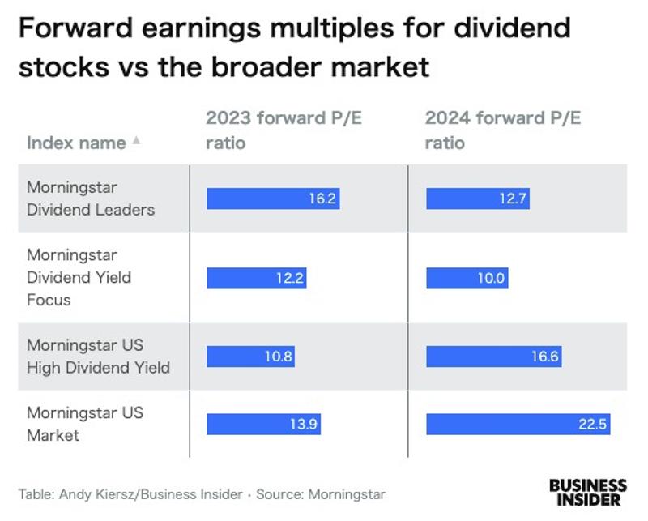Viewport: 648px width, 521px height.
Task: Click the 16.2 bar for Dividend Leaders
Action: [273, 199]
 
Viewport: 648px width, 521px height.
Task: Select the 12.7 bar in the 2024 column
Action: [478, 199]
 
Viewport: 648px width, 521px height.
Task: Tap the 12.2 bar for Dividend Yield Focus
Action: [256, 278]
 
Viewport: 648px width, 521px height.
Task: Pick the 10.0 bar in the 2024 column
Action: [467, 278]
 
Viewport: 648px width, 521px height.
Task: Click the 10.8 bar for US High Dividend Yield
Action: [250, 357]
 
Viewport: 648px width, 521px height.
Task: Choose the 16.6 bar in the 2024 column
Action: [493, 357]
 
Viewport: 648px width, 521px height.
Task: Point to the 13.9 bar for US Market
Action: [263, 424]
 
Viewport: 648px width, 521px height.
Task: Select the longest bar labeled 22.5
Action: [518, 424]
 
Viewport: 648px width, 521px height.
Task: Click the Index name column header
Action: [76, 143]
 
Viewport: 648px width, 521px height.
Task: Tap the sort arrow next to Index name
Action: [136, 140]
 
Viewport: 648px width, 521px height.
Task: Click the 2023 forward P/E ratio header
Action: [283, 130]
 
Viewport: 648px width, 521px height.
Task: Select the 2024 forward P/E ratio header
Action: [503, 130]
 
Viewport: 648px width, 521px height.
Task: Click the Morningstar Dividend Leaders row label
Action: [90, 198]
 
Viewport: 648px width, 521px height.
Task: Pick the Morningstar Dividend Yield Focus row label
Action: [79, 277]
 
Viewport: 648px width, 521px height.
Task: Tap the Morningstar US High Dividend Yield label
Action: [98, 357]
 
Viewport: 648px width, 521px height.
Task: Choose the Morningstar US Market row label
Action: [84, 424]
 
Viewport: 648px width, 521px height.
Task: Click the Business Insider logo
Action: [587, 492]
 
